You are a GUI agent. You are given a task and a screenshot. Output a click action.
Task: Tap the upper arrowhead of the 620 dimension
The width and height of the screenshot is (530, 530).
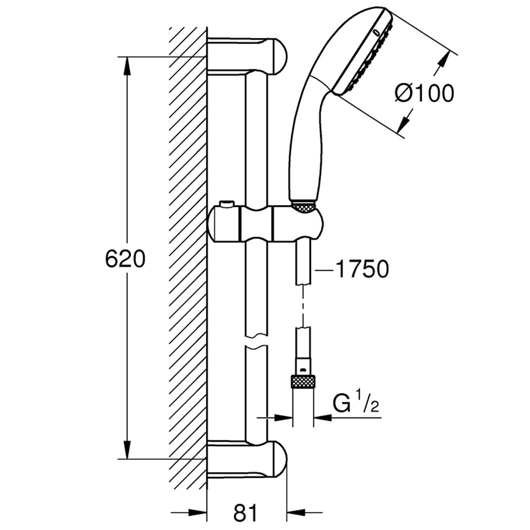[x=127, y=66]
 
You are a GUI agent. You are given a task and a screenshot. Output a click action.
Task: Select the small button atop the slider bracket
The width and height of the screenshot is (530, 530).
[x=226, y=204]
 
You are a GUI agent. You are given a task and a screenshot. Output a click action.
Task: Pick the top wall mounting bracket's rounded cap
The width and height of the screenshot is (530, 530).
[x=280, y=57]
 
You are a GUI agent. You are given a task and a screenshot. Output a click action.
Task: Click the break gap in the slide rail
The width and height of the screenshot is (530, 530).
[x=256, y=341]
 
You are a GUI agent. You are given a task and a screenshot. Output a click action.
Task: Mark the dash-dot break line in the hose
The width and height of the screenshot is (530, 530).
[x=303, y=306]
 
